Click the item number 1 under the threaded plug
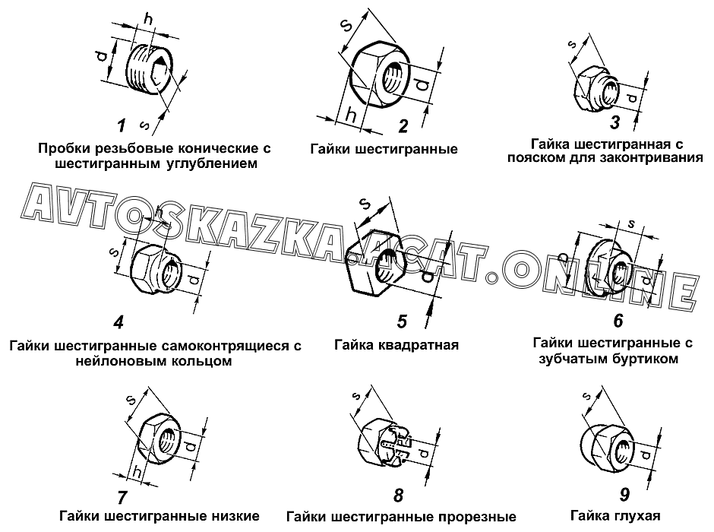pyautogui.click(x=121, y=125)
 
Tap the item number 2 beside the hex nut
pyautogui.click(x=403, y=126)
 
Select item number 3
pyautogui.click(x=614, y=122)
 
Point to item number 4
pyautogui.click(x=118, y=322)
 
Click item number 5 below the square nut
pyautogui.click(x=401, y=321)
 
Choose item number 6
pyautogui.click(x=618, y=321)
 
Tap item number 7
pyautogui.click(x=122, y=497)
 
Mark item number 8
pyautogui.click(x=399, y=496)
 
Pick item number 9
pyautogui.click(x=624, y=495)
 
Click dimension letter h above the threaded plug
pyautogui.click(x=149, y=19)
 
